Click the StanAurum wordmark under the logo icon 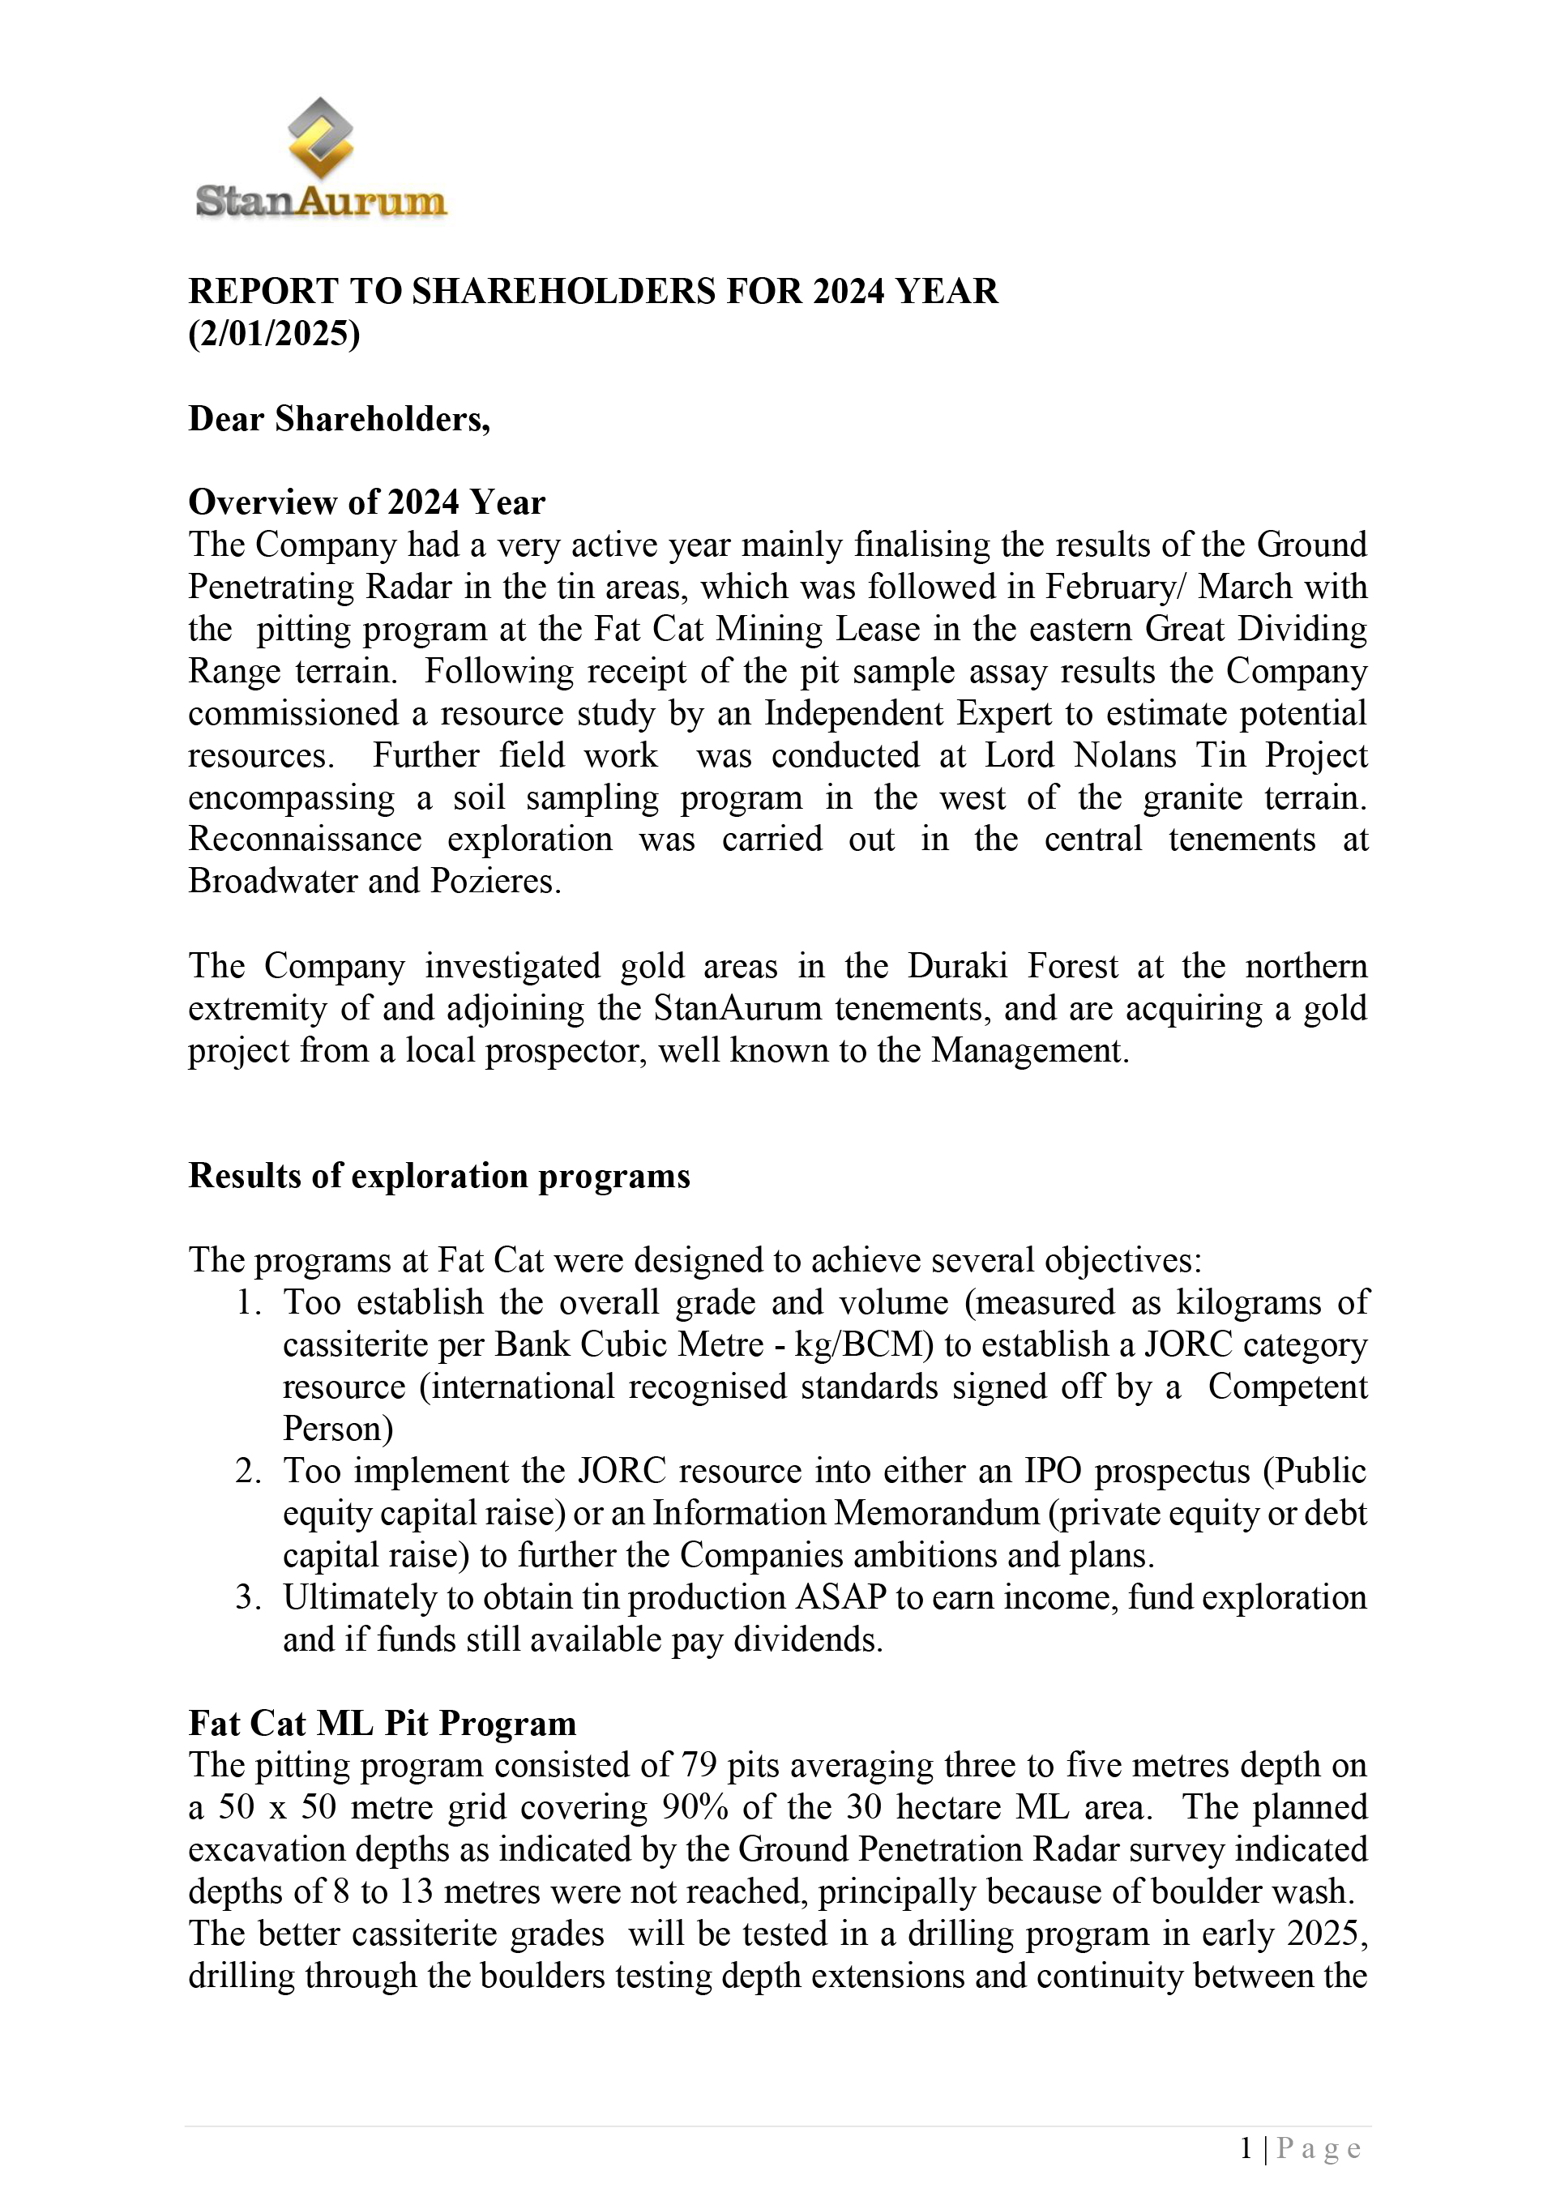320,201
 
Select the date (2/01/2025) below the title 274,334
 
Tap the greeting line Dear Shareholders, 340,419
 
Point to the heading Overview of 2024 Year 366,502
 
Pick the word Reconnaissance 305,839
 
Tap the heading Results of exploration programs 439,1176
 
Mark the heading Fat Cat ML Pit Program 382,1724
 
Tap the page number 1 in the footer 1246,2148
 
